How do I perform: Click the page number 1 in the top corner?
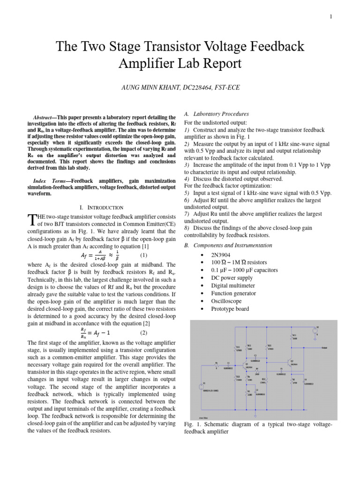coord(331,17)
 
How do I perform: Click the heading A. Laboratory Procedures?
coord(216,113)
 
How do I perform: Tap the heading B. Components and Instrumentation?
coord(228,245)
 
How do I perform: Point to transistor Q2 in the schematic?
coord(289,362)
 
